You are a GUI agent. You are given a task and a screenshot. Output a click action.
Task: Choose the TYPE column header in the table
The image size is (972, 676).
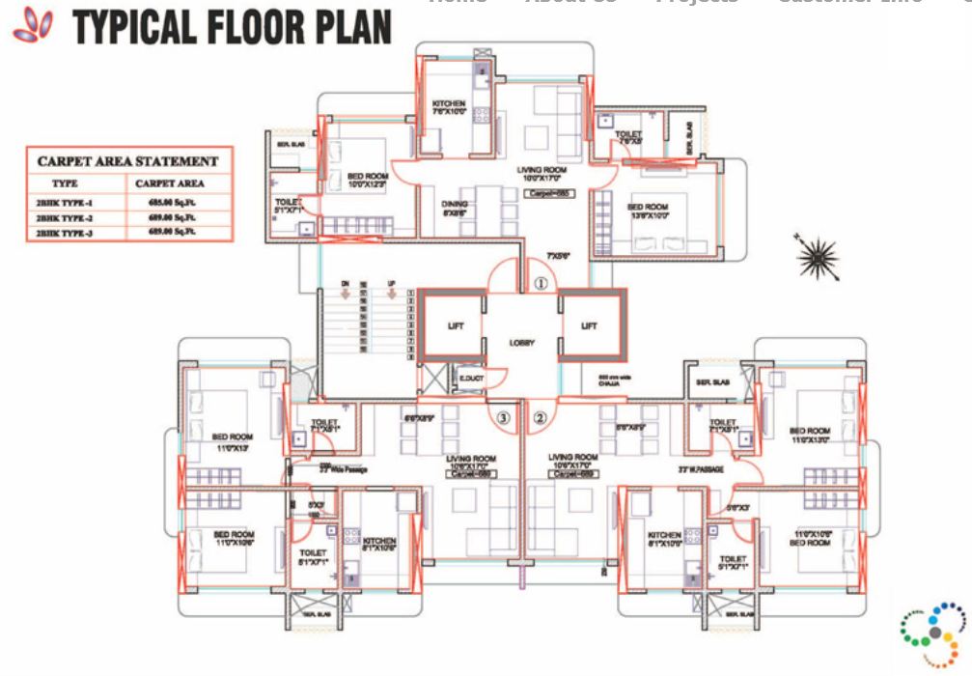[66, 183]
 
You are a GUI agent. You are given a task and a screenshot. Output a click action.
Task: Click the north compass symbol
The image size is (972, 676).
[817, 257]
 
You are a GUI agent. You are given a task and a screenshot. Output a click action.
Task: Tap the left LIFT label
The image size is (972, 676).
[456, 326]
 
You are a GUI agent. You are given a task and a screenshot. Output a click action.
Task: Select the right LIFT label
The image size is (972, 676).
[589, 326]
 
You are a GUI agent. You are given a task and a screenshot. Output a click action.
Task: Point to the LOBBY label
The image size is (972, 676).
[522, 343]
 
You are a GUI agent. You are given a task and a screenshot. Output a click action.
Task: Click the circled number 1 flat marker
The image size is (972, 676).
[541, 284]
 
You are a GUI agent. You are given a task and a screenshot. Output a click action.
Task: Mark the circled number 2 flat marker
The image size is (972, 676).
[540, 418]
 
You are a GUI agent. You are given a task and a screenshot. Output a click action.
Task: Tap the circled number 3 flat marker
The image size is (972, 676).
[503, 418]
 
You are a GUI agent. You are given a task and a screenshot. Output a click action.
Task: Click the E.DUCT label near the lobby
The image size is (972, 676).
[471, 378]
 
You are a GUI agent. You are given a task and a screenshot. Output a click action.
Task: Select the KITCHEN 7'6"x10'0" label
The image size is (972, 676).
[449, 107]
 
